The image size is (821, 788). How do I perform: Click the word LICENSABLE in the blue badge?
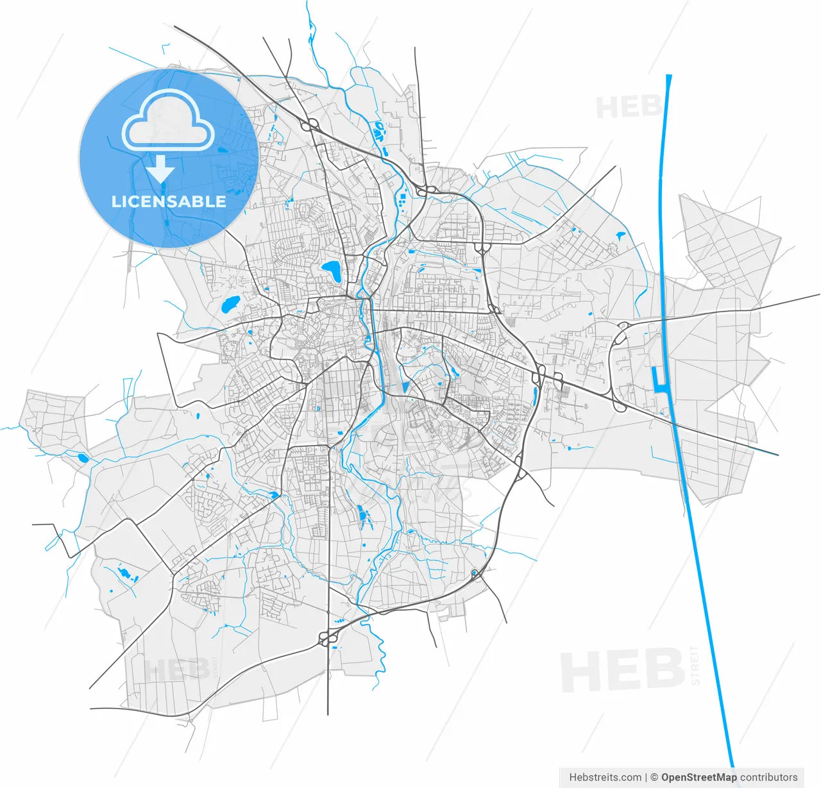point(169,201)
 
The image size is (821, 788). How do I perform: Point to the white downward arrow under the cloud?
point(160,169)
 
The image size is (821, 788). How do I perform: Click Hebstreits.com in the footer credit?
point(605,777)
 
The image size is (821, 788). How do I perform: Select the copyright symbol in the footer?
point(654,777)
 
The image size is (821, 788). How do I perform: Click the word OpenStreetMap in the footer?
point(698,777)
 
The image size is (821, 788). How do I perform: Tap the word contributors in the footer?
point(769,777)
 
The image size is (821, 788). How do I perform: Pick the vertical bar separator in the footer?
point(646,777)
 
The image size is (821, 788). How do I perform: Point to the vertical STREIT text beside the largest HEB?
point(696,666)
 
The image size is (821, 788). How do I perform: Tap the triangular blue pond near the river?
point(405,387)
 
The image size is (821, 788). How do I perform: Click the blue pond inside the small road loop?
point(474,573)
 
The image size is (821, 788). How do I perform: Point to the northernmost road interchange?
point(310,124)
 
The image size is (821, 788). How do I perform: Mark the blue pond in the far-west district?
point(83,457)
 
